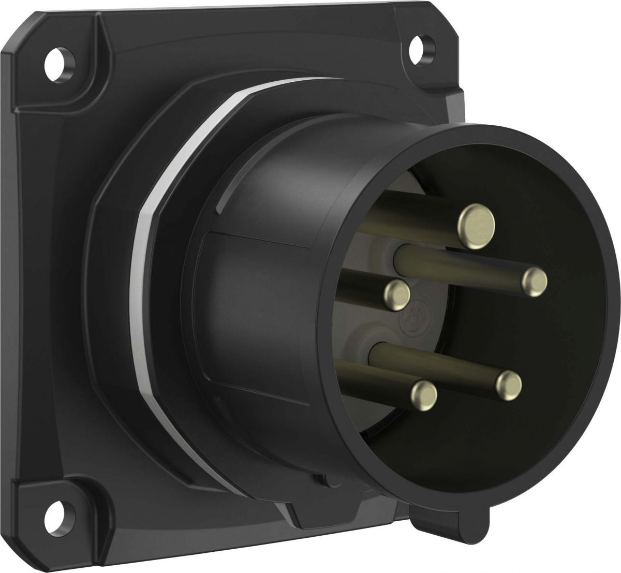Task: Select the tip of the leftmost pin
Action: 397,295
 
